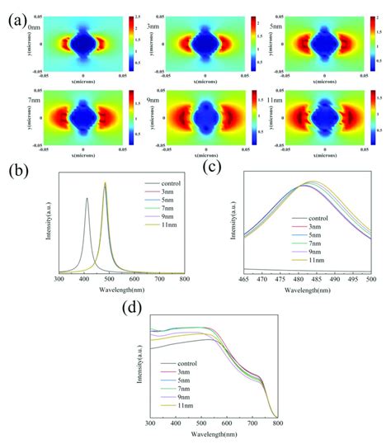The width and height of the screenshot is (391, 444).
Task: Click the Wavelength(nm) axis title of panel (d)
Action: (x=213, y=434)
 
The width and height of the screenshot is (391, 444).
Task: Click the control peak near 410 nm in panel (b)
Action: (x=87, y=198)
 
